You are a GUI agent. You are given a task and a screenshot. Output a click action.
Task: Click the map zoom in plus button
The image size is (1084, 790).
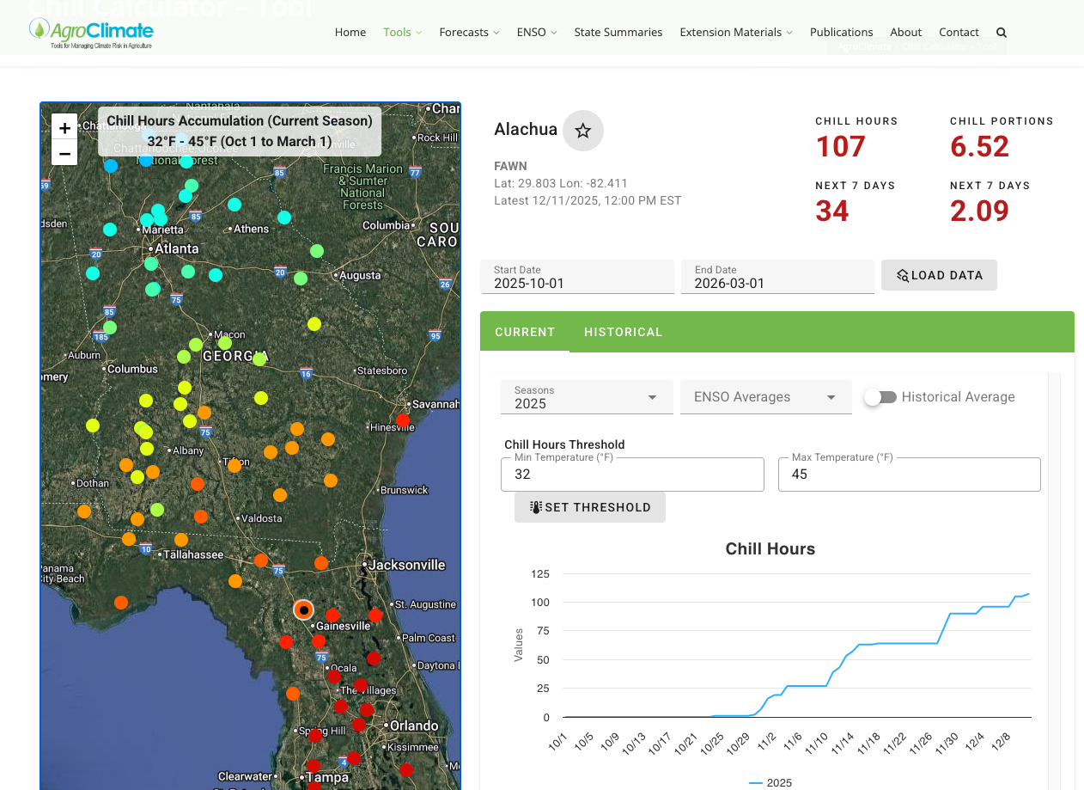(x=64, y=127)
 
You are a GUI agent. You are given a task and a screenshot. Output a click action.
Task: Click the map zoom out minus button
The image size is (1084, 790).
(x=64, y=153)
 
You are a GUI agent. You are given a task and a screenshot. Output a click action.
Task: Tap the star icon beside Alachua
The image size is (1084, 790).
(x=583, y=131)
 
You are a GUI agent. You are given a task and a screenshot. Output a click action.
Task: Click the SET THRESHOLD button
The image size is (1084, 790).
(x=589, y=507)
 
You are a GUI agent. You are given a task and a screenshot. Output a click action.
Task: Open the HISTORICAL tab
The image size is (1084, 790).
(x=623, y=332)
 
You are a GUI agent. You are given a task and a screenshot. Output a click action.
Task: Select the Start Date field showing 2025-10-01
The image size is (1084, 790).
(x=576, y=278)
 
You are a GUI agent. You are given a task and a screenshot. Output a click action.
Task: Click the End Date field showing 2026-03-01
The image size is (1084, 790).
(x=776, y=278)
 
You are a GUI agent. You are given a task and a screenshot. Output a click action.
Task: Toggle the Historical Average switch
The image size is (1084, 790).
(x=880, y=397)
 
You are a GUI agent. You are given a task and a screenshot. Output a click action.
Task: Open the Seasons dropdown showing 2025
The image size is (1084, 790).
(x=587, y=397)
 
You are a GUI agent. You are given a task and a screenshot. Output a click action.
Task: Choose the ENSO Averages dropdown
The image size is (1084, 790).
(x=765, y=397)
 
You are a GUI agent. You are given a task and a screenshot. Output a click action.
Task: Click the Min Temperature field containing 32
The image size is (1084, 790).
(x=631, y=475)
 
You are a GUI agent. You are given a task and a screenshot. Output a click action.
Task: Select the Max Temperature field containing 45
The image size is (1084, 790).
(x=908, y=475)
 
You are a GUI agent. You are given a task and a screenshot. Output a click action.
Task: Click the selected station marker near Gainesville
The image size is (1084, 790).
(x=303, y=609)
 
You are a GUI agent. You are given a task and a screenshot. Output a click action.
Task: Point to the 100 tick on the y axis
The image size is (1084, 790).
(x=539, y=602)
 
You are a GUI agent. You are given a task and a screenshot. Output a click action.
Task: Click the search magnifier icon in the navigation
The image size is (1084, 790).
(x=1002, y=33)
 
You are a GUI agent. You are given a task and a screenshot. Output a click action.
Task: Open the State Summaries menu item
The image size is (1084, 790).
(x=618, y=32)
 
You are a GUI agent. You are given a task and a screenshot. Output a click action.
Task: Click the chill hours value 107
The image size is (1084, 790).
(x=840, y=147)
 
